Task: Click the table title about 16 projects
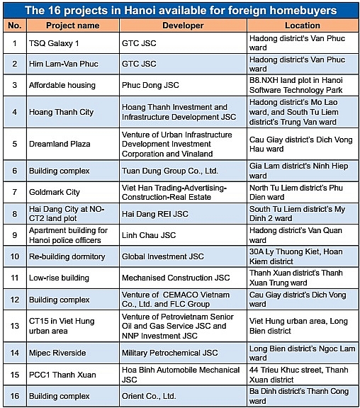pos(180,10)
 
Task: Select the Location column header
pos(303,25)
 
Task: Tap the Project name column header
pos(73,25)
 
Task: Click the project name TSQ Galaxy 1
pos(55,42)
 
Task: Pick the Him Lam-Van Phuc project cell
pos(62,64)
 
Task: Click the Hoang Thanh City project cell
pos(61,112)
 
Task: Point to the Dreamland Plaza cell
pos(60,144)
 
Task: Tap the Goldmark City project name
pos(55,192)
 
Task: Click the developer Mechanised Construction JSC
pos(176,278)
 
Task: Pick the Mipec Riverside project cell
pos(57,352)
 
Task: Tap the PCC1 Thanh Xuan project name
pos(61,374)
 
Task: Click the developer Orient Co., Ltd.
pos(149,396)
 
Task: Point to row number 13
pos(14,326)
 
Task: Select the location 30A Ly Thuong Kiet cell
pos(303,256)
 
